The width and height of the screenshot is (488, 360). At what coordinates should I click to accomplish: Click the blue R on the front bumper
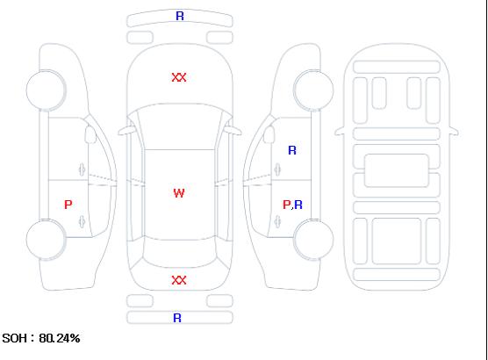[180, 16]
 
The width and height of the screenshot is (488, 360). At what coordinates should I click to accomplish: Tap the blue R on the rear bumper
[177, 318]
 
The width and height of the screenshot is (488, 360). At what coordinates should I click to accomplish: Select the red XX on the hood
[179, 77]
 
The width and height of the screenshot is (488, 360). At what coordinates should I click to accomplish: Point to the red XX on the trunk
[179, 280]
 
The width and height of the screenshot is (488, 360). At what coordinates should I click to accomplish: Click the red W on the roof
[179, 193]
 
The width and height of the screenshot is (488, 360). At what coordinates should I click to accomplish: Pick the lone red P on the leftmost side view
[68, 205]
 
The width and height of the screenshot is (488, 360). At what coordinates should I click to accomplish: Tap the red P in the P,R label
[286, 205]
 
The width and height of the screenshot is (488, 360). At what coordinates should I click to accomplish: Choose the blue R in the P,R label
[298, 205]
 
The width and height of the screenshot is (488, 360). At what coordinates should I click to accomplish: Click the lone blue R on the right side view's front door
[292, 150]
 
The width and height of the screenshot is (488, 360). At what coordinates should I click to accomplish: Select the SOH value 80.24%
[60, 338]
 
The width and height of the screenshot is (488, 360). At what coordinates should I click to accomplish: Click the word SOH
[14, 338]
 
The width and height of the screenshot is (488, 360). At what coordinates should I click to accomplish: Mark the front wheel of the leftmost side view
[46, 90]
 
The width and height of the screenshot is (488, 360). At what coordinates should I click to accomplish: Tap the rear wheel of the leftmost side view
[46, 240]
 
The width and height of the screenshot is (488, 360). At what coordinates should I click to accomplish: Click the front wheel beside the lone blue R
[313, 90]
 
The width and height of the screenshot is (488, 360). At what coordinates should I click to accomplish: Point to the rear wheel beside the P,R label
[313, 239]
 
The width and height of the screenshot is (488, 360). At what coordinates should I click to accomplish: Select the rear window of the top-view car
[180, 253]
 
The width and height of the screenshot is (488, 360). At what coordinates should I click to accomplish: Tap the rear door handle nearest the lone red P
[82, 221]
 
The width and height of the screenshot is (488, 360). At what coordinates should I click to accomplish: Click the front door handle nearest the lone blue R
[277, 169]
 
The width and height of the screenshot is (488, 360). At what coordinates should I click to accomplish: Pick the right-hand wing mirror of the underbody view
[454, 132]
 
